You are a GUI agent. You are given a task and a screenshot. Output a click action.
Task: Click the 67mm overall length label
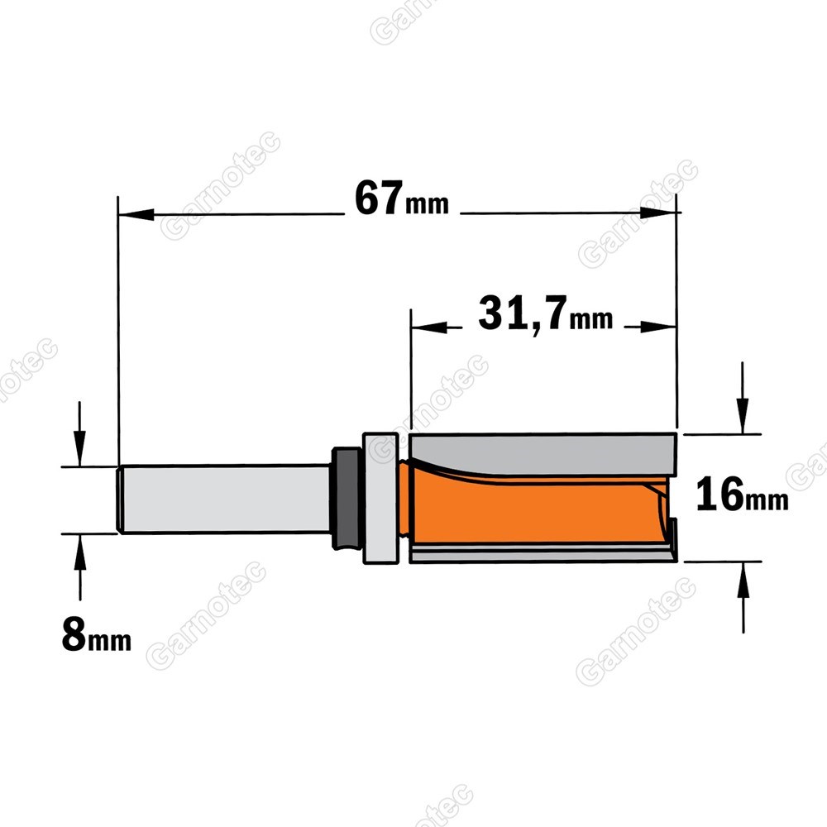coord(401,198)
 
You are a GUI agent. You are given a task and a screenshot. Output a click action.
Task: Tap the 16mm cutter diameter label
coord(742,495)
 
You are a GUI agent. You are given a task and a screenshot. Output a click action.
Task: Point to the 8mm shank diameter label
coord(97,634)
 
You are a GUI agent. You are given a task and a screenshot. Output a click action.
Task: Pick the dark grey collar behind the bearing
coord(346,498)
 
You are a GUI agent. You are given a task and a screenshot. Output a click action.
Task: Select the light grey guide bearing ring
coord(380,498)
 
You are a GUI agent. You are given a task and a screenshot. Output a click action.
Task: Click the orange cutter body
coord(533,508)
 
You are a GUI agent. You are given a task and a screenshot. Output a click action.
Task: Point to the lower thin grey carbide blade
coord(543,553)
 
